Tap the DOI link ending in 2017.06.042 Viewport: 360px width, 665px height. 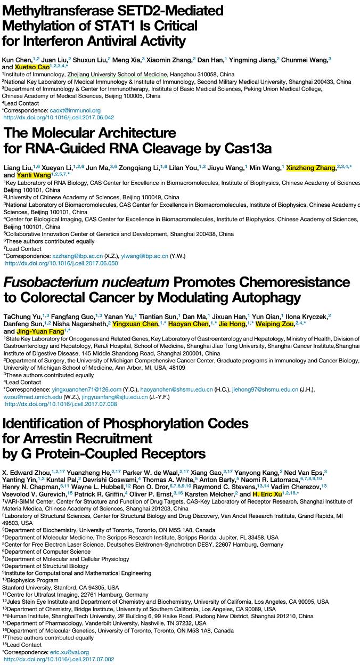(x=59, y=117)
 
